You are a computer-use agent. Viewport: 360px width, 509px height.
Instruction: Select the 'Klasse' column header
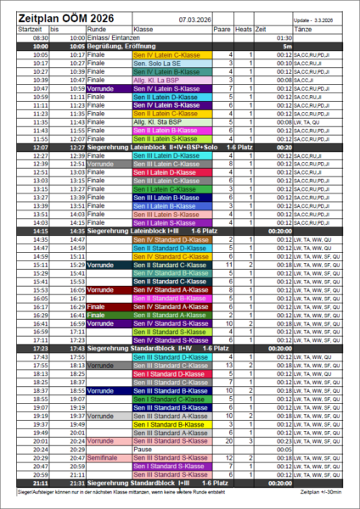[x=143, y=29]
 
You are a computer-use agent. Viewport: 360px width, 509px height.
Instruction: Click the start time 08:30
[x=41, y=38]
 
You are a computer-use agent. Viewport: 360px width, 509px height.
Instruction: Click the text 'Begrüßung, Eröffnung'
[x=121, y=46]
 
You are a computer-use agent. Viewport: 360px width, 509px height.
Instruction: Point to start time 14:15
[x=41, y=230]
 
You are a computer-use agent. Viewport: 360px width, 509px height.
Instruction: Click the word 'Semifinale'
[x=103, y=458]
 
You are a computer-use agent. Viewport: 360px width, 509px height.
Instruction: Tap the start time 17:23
[x=41, y=348]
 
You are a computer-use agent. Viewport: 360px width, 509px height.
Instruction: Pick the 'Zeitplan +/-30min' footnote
[x=323, y=492]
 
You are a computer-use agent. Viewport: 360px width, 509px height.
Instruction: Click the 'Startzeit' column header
[x=31, y=29]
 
